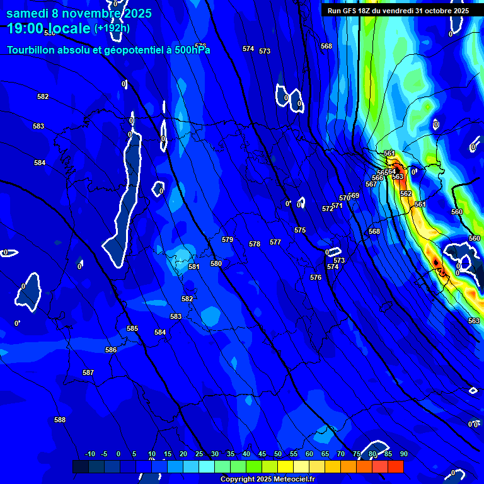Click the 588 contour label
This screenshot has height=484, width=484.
[60, 420]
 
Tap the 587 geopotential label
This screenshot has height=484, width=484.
[88, 372]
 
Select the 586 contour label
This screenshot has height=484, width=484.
[111, 350]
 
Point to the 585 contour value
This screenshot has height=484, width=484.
[132, 328]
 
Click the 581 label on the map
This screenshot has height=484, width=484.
[194, 267]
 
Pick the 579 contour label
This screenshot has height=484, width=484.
[228, 239]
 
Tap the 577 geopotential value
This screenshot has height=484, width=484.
[275, 242]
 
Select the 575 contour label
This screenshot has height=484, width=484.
[300, 230]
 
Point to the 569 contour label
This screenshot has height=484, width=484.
[354, 195]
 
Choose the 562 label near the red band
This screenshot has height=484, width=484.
[406, 193]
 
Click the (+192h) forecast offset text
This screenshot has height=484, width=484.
[112, 28]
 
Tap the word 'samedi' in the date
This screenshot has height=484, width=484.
[28, 13]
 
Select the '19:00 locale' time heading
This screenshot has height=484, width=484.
[49, 28]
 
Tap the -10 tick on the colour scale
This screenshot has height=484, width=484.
[89, 454]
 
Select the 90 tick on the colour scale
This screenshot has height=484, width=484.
[403, 454]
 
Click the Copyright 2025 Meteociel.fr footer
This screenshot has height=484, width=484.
[267, 479]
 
